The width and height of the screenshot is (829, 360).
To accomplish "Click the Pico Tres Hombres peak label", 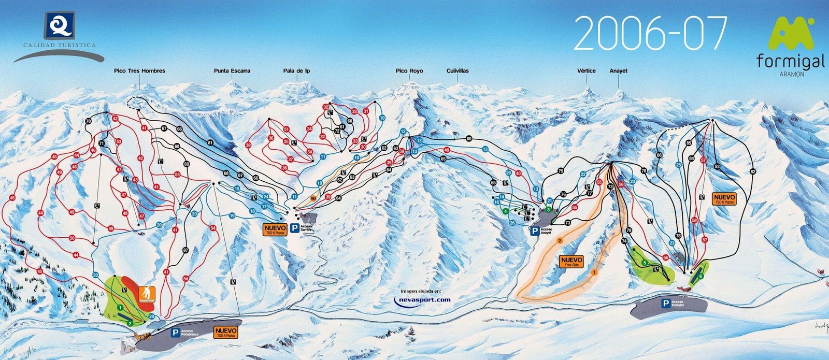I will coord(139,71).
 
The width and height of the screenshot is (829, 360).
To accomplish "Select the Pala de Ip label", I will coord(296,71).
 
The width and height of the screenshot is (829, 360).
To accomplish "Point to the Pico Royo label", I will coord(409,71).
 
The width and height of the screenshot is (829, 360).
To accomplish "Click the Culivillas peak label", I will coord(458,71).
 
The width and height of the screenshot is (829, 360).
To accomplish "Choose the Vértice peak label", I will coord(587,71).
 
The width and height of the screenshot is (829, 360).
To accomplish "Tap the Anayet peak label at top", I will coord(619,71).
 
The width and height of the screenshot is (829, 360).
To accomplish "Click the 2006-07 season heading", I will coord(651,33).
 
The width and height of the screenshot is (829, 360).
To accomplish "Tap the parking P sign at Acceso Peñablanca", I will coord(176,333).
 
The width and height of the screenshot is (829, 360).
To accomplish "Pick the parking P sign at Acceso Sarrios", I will coord(294,227).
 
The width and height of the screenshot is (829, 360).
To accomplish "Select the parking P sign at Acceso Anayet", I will coord(534,231).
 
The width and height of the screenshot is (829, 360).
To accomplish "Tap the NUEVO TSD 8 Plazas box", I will coord(226,332).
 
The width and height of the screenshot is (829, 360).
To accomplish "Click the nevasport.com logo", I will coord(422,299).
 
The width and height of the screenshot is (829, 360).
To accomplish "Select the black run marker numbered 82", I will coord(753,171).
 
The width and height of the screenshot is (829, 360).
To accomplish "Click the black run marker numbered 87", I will coord(186,250).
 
